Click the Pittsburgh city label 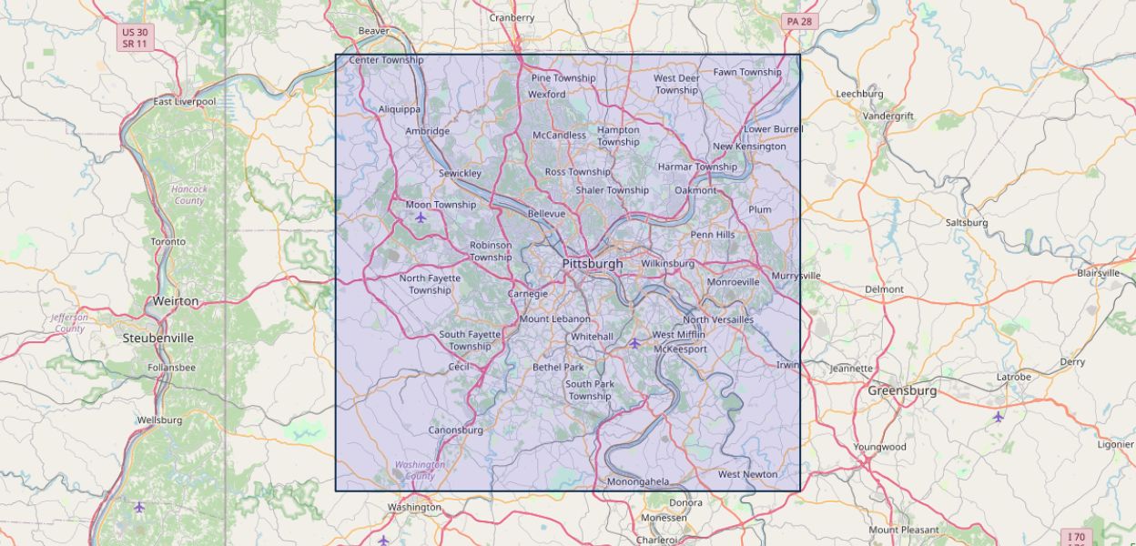tap(593, 264)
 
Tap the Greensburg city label tap(901, 390)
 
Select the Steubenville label tap(158, 338)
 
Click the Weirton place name tap(175, 300)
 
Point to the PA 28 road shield tap(801, 21)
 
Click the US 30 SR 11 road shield tap(135, 37)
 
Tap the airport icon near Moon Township tap(421, 217)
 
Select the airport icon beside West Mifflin tap(634, 343)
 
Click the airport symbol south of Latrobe tap(999, 417)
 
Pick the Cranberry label tap(512, 17)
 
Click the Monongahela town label tap(637, 481)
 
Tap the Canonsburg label tap(455, 430)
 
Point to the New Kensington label tap(749, 147)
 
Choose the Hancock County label tap(189, 195)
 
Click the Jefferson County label tap(69, 323)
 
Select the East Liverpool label tap(184, 102)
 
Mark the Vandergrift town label tap(887, 116)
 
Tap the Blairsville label tap(1098, 273)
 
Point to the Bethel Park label tap(558, 368)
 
